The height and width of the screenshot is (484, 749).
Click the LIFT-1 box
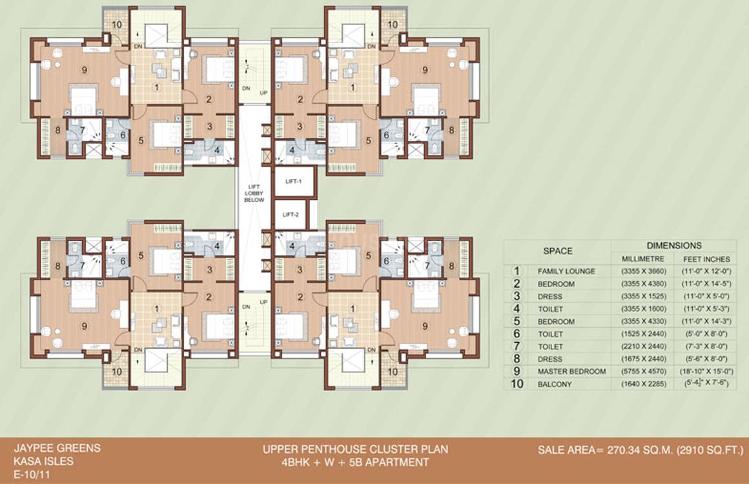click(x=293, y=183)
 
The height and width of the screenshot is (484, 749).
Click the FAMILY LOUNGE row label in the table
click(x=566, y=272)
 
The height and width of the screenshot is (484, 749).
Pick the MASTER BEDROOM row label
click(x=571, y=372)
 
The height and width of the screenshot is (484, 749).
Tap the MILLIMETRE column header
click(x=639, y=259)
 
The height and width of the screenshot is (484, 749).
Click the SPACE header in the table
click(x=557, y=251)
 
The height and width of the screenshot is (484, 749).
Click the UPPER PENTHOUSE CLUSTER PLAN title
click(x=354, y=449)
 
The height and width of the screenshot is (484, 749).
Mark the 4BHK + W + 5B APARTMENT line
click(x=354, y=463)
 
